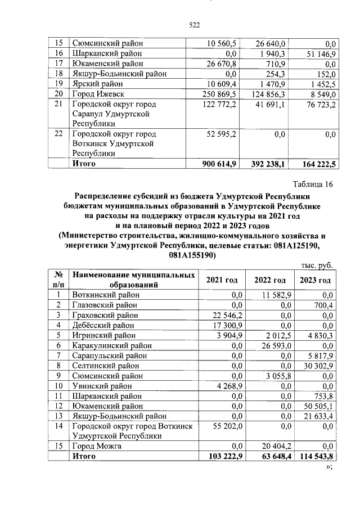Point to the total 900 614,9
coord(221,164)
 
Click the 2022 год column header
coord(269,280)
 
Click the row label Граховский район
coord(105,314)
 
